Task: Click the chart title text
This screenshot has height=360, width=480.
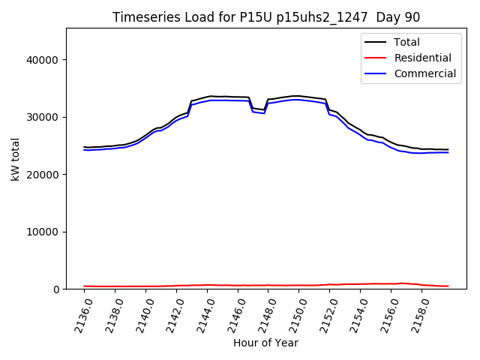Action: [266, 17]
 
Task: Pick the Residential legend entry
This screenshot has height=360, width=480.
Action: [423, 58]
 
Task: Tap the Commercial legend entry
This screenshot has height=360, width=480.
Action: [425, 73]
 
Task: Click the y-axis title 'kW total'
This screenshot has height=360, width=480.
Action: [15, 158]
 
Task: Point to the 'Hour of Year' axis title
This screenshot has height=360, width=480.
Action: [265, 343]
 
